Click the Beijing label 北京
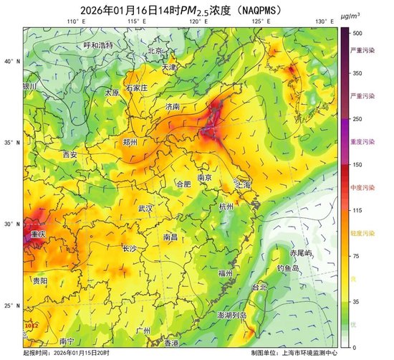coord(155,51)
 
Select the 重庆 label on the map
coord(38,235)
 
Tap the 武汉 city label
coord(146,208)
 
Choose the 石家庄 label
coord(136,87)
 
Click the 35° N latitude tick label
coord(11,143)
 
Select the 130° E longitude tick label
coord(324,22)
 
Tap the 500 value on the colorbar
coord(356,33)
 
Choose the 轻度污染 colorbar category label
coord(362,235)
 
